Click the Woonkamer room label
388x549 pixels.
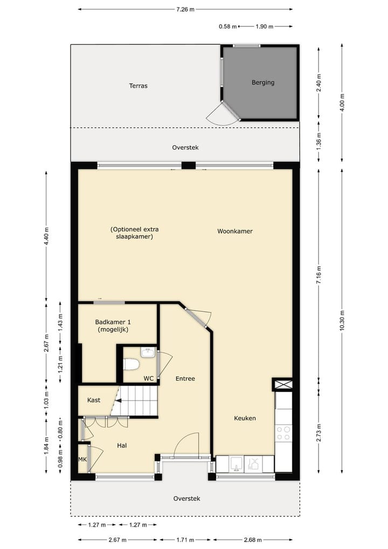pyautogui.click(x=235, y=231)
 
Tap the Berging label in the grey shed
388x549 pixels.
pyautogui.click(x=263, y=83)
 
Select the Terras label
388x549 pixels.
pyautogui.click(x=138, y=86)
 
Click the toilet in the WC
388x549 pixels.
pyautogui.click(x=131, y=365)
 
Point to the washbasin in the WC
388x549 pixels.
pyautogui.click(x=148, y=353)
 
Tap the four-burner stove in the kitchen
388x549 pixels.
pyautogui.click(x=283, y=433)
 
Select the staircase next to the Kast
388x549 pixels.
pyautogui.click(x=136, y=401)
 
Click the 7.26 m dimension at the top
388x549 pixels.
pyautogui.click(x=185, y=9)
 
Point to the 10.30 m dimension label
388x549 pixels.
pyautogui.click(x=342, y=322)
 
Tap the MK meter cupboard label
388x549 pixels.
pyautogui.click(x=82, y=459)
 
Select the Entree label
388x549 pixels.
pyautogui.click(x=185, y=379)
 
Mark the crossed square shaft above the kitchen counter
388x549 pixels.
pyautogui.click(x=283, y=385)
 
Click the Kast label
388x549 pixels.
pyautogui.click(x=94, y=400)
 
